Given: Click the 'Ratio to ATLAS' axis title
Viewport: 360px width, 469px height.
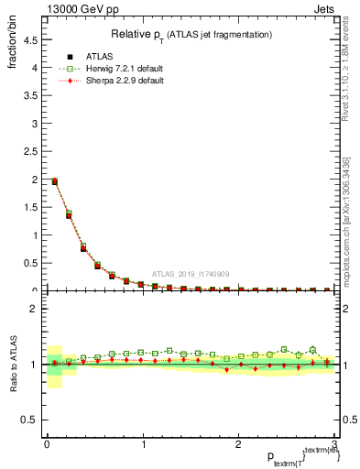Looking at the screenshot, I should click(12, 364).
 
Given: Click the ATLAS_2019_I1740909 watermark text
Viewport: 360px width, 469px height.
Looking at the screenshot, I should click(191, 275).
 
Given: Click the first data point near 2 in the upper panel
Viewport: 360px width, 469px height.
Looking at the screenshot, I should click(54, 181).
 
